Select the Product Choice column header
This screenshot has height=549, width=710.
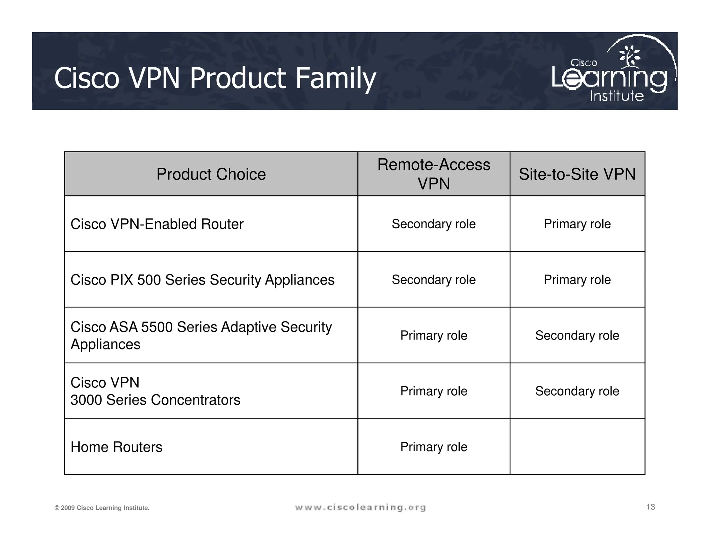[x=211, y=174]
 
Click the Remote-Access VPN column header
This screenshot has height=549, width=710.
[x=434, y=174]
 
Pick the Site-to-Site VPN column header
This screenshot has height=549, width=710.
[x=577, y=174]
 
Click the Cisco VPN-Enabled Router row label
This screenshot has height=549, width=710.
[x=157, y=224]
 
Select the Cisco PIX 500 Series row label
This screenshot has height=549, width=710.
[x=202, y=280]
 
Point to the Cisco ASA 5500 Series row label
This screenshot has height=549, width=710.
[x=201, y=335]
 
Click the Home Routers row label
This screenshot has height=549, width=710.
[x=116, y=447]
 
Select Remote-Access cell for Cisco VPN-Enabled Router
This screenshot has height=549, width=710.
[x=434, y=224]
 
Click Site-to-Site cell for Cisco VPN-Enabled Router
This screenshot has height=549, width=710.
[x=577, y=224]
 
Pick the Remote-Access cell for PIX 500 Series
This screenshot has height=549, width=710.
[x=434, y=280]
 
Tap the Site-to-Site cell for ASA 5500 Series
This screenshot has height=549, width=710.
[x=577, y=336]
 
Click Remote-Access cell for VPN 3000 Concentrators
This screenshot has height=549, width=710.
[x=434, y=391]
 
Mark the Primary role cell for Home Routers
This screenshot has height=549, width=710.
[x=434, y=447]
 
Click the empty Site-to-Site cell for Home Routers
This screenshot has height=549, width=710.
[x=577, y=447]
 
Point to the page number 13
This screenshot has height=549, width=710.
[x=650, y=507]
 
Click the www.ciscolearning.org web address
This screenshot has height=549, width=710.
[x=360, y=508]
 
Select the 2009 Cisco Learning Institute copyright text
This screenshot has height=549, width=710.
[x=102, y=508]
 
